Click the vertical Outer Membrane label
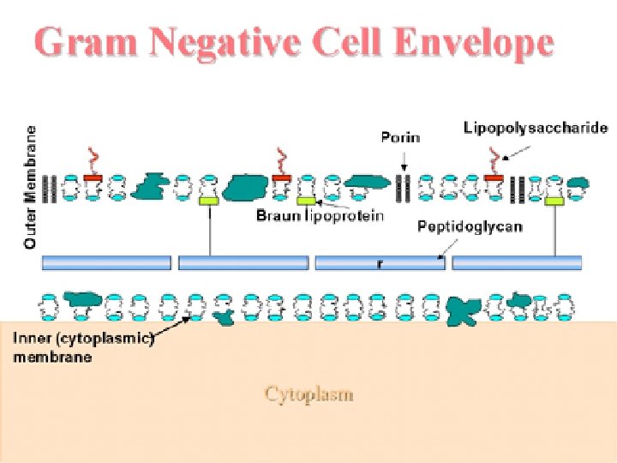(31, 187)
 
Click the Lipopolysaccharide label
(535, 129)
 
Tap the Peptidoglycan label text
(469, 227)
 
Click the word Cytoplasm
(308, 394)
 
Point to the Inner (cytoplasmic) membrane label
(81, 347)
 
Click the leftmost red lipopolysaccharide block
(93, 177)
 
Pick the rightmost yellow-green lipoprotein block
(554, 200)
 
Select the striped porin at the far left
(53, 186)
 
